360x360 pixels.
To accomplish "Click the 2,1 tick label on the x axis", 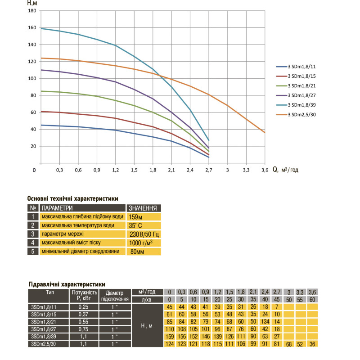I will [x=171, y=170].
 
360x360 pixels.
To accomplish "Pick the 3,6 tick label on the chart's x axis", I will [x=265, y=170].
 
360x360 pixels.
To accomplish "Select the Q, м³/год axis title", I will [x=286, y=170].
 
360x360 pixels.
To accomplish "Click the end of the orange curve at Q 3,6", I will [x=265, y=132].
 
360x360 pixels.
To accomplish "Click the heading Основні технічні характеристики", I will [x=72, y=198].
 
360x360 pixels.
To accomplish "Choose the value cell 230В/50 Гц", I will [x=144, y=234].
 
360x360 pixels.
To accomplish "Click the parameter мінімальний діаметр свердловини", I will [x=81, y=251].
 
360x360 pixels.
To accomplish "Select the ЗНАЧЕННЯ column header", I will [x=143, y=208].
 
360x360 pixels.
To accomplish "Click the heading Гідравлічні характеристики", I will [x=67, y=284].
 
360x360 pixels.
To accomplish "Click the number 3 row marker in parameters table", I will [x=33, y=234].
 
